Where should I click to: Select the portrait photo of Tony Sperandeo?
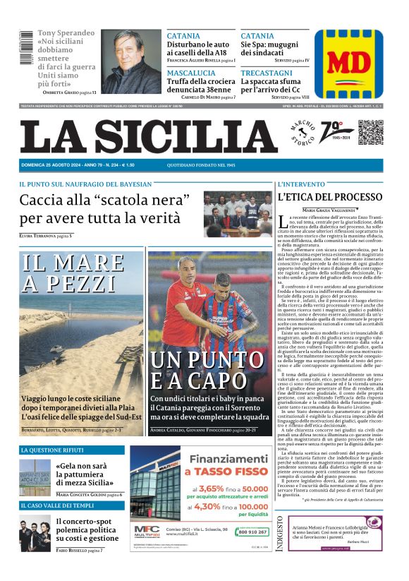(132, 61)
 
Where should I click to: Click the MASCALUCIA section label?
(191, 73)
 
